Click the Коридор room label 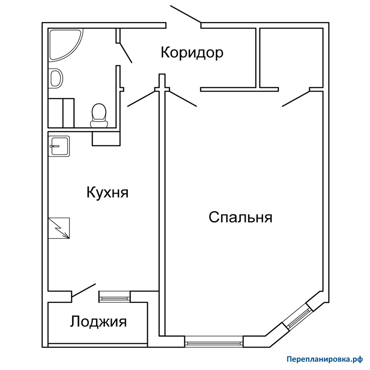point(192,52)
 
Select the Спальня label point(240,217)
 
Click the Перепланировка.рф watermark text point(324,360)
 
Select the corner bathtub point(66,45)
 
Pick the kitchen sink point(59,146)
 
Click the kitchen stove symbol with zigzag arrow point(59,228)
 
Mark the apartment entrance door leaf point(186,14)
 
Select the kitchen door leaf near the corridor point(141,99)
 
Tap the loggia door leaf point(83,290)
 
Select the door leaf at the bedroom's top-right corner point(296,99)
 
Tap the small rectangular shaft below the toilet point(106,139)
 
